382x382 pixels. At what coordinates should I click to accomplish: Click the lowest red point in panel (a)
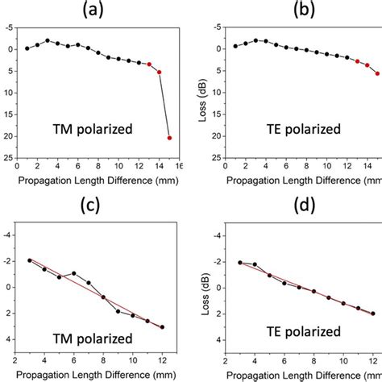coord(169,138)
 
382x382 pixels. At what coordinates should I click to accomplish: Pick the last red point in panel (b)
coord(377,73)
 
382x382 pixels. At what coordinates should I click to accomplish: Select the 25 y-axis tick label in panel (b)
coord(216,158)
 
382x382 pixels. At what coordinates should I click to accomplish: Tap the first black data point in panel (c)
coord(30,260)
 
